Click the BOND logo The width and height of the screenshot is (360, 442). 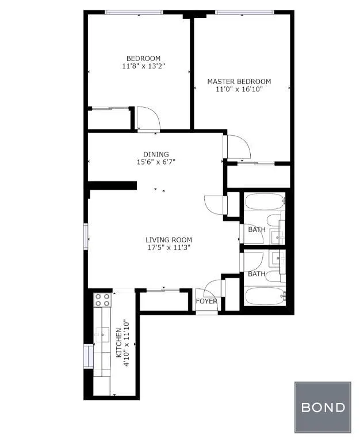(323, 407)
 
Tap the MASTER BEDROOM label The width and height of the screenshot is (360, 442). (239, 82)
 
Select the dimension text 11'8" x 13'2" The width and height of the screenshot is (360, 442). (143, 66)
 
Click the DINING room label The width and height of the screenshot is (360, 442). (156, 154)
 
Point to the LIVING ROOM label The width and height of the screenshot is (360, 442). (168, 240)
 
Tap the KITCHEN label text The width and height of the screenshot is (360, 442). (119, 344)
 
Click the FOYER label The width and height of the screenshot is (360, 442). (206, 301)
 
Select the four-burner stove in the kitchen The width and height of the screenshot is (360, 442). (102, 300)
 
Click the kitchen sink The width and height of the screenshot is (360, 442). (104, 333)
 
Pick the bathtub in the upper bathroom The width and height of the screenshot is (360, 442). (264, 203)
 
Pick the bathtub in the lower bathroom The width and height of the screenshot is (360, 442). (264, 298)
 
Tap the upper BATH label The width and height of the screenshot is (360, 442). (256, 230)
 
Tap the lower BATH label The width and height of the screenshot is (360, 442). (256, 274)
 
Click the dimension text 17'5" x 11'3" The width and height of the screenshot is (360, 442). (168, 247)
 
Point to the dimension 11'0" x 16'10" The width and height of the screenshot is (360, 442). (239, 89)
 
